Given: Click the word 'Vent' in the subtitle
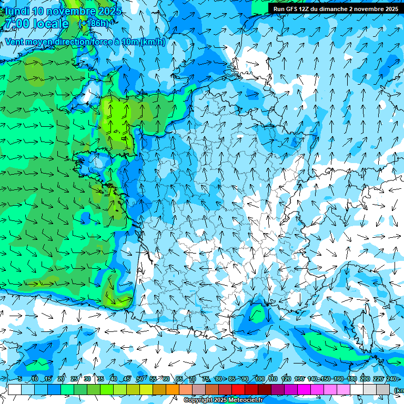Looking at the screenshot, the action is click(x=15, y=42).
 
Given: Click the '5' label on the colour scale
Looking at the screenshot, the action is click(x=19, y=379).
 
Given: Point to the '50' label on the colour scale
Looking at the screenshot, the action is click(x=139, y=379).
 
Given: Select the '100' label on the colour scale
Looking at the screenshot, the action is click(x=259, y=379).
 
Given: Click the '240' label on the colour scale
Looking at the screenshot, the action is click(x=391, y=379).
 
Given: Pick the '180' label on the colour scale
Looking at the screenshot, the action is click(x=351, y=379).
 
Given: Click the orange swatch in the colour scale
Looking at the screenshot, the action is click(x=172, y=389).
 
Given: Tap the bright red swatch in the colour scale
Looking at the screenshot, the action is click(x=238, y=389).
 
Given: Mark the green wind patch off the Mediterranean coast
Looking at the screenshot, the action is click(x=258, y=315).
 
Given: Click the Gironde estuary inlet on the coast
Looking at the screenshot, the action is click(x=146, y=254).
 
